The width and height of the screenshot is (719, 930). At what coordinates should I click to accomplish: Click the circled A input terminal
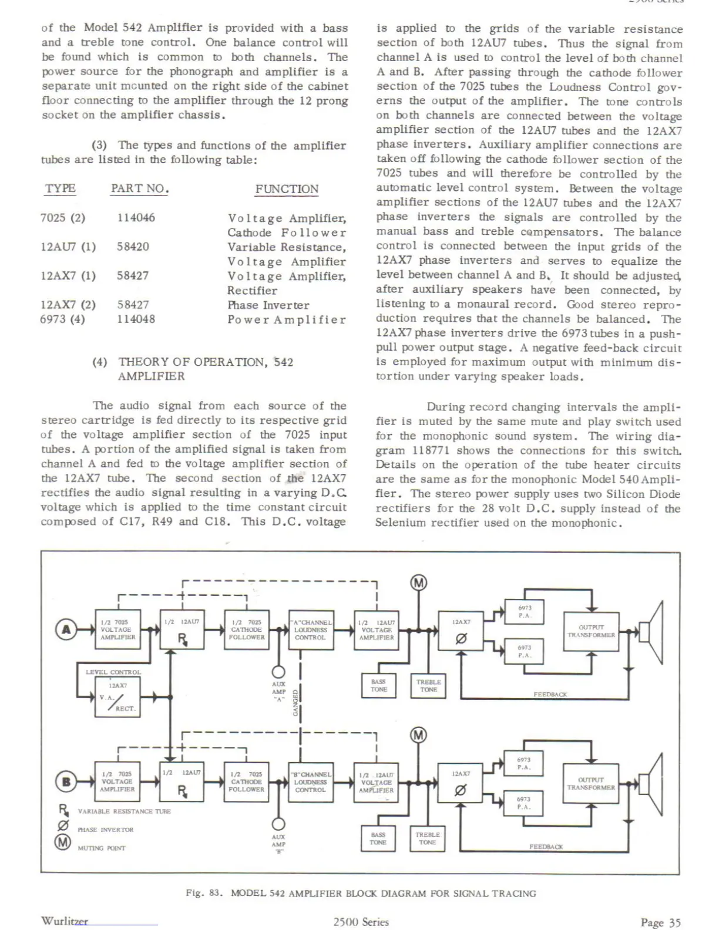(x=66, y=629)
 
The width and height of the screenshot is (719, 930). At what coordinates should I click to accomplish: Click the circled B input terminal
(x=66, y=781)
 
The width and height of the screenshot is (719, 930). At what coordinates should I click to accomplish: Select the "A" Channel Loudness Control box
(x=311, y=629)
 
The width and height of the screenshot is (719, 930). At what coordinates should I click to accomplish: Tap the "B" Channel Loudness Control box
(x=311, y=782)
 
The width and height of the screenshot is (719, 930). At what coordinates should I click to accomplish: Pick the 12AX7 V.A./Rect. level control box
(x=118, y=697)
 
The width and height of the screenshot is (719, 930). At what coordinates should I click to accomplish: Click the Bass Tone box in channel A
(x=379, y=686)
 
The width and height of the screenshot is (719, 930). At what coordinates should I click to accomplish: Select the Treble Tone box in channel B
(x=428, y=838)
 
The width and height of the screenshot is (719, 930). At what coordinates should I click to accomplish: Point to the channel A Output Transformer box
(x=591, y=631)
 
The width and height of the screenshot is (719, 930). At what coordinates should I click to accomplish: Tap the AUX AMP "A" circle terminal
(x=278, y=672)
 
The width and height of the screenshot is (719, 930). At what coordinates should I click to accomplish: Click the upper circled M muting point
(x=418, y=583)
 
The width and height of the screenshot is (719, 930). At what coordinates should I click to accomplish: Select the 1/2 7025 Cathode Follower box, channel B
(x=247, y=782)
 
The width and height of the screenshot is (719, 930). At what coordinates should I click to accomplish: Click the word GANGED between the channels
(x=295, y=703)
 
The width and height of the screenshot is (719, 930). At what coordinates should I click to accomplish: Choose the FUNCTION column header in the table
(x=287, y=189)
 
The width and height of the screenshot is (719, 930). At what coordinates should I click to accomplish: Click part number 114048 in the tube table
(x=136, y=319)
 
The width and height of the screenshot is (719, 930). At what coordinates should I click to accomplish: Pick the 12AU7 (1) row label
(x=68, y=247)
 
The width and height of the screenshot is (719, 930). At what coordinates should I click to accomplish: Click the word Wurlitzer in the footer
(x=65, y=921)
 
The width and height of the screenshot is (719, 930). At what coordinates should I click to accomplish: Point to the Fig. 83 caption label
(x=204, y=893)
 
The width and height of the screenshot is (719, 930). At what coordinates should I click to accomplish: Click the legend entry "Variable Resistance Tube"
(x=124, y=811)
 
